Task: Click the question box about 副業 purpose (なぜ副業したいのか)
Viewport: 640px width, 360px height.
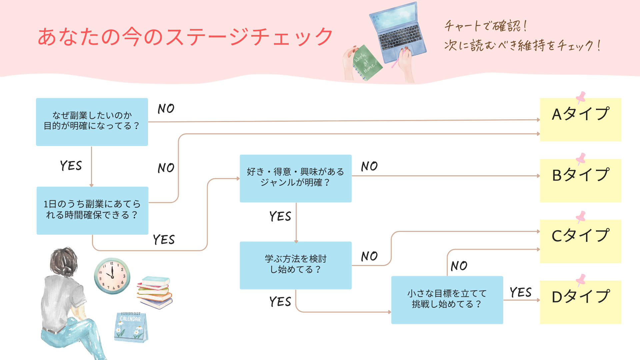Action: [x=92, y=122]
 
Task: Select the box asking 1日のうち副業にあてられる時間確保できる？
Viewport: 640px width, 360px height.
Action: [x=92, y=210]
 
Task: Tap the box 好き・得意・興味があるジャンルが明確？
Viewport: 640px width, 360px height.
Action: [x=295, y=178]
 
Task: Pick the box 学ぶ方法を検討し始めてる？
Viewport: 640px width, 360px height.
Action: [x=295, y=265]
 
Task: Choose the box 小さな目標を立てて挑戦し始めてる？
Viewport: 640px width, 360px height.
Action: [x=447, y=299]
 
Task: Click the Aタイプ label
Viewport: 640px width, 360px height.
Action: [x=580, y=114]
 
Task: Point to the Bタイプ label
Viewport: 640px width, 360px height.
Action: [x=580, y=175]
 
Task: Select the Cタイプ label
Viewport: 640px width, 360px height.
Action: [x=580, y=236]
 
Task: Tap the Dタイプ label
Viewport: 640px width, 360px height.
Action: [x=580, y=297]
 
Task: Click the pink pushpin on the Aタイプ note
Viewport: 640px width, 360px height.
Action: [x=581, y=97]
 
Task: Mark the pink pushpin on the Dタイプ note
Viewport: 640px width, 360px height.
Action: [x=581, y=280]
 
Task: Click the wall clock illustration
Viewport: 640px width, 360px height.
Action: [x=112, y=276]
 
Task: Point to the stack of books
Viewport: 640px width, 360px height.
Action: [x=155, y=292]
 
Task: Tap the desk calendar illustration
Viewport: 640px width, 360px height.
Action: [x=131, y=327]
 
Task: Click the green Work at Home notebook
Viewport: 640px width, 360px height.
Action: [x=367, y=63]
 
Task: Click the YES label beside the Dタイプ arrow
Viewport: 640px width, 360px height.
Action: [x=520, y=292]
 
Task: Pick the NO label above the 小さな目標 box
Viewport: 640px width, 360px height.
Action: [x=459, y=266]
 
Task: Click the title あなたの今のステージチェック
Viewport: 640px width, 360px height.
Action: [x=185, y=37]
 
